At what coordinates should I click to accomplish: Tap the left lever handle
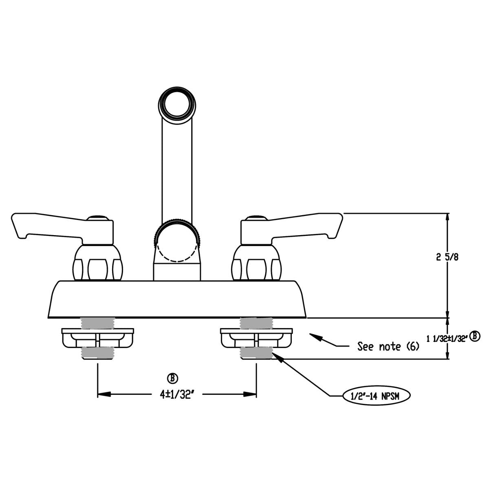61,226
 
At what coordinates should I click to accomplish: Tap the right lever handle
293,226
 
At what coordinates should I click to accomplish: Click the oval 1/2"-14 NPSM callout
376,395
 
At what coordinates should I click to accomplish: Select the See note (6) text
388,347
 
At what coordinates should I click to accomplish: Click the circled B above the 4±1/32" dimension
174,378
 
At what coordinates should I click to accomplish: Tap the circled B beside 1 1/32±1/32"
475,337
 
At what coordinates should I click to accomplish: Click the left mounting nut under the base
97,338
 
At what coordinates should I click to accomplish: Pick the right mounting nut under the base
256,338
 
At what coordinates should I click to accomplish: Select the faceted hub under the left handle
97,264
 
